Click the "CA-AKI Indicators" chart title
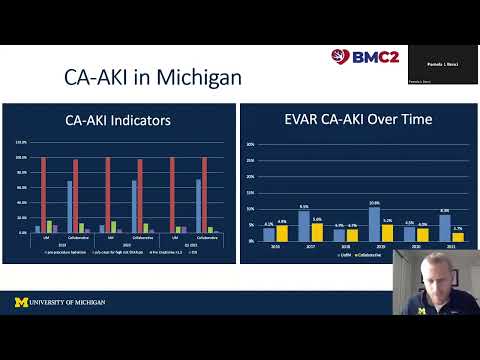click(x=118, y=121)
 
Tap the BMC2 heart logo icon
click(x=340, y=57)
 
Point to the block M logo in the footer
click(x=21, y=301)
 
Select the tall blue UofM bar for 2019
click(x=374, y=223)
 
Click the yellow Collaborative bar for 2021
click(x=458, y=236)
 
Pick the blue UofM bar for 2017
click(x=303, y=225)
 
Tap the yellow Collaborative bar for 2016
click(x=282, y=233)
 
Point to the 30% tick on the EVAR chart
click(x=250, y=144)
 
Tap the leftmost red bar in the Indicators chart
click(x=43, y=194)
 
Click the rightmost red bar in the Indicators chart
click(x=204, y=194)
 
